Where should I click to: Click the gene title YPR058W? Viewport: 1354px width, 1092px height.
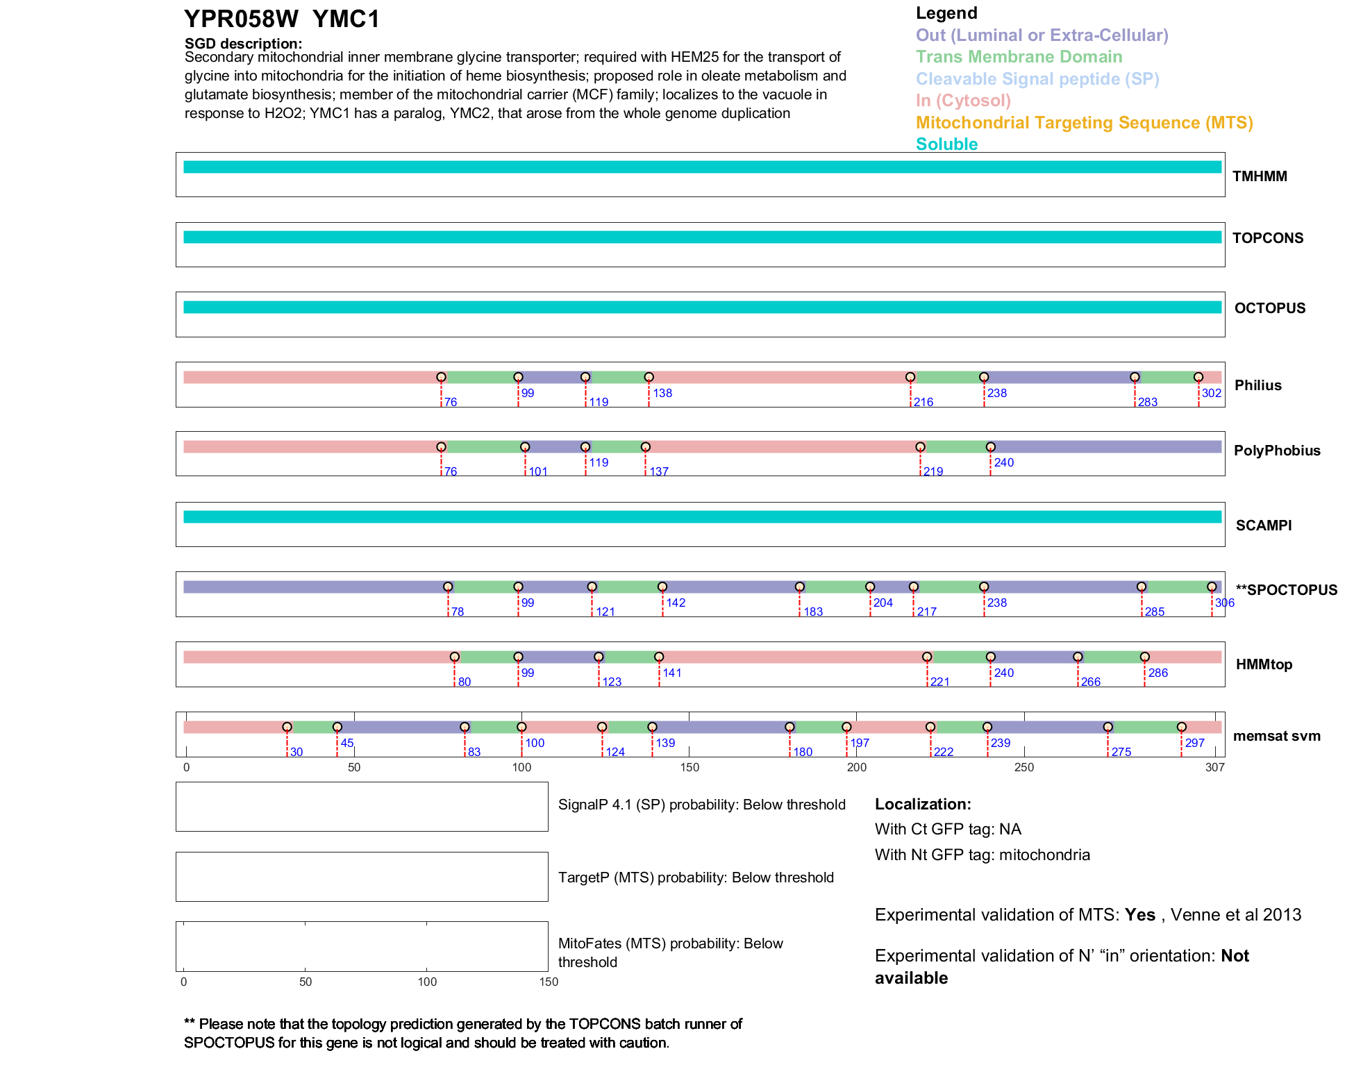tap(241, 19)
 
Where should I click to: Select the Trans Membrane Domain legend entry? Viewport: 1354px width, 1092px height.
tap(1019, 57)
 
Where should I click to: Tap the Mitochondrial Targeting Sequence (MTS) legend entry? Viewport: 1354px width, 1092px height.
tap(1084, 123)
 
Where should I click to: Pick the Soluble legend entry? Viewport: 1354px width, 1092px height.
tap(946, 144)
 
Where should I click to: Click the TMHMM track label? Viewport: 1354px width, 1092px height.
tap(1260, 176)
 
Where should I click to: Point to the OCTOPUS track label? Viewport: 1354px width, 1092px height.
tap(1269, 308)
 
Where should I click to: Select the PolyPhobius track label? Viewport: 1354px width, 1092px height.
tap(1276, 451)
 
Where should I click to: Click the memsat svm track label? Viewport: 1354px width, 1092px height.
tap(1276, 736)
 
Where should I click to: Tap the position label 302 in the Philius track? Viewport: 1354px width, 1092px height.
tap(1212, 393)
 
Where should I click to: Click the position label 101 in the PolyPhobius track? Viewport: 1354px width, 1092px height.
tap(538, 472)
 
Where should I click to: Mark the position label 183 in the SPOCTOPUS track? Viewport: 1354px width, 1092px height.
tap(813, 612)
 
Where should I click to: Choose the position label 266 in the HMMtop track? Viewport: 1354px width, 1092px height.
tap(1091, 682)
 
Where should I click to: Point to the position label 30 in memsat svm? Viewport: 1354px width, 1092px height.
tap(296, 752)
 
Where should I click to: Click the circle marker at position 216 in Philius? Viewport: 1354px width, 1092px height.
tap(910, 377)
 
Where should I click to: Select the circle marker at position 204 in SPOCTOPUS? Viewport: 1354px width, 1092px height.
tap(870, 587)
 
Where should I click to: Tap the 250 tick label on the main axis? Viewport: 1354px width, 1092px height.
tap(1024, 767)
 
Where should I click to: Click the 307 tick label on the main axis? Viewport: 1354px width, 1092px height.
tap(1215, 767)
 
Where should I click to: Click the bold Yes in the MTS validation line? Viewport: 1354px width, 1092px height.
tap(1139, 915)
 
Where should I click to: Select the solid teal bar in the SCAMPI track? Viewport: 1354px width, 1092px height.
tap(701, 516)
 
